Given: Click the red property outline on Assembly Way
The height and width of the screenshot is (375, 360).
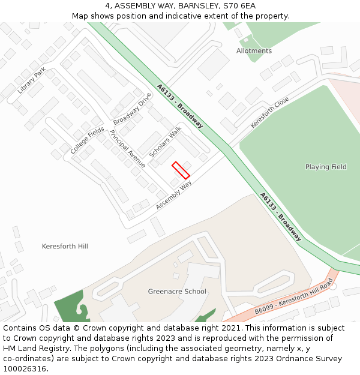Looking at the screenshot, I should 181,170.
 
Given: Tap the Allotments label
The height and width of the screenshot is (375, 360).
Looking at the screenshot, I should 254,51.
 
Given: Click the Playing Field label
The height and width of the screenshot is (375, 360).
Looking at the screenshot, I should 326,167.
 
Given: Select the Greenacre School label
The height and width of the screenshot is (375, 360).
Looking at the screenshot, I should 177,292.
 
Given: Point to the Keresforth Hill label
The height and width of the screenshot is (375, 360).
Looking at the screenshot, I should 65,247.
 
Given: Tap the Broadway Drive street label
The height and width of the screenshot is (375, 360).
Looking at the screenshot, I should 133,109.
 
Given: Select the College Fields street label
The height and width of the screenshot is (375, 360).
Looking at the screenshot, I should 87,140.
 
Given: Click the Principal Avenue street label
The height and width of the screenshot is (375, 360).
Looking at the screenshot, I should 127,148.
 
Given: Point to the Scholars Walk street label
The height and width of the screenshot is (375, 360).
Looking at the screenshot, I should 166,142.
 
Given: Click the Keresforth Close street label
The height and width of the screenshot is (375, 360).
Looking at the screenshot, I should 269,112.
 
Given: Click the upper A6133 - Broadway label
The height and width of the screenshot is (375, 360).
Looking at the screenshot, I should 180,106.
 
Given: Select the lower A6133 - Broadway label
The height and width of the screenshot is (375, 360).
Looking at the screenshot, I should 280,217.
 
